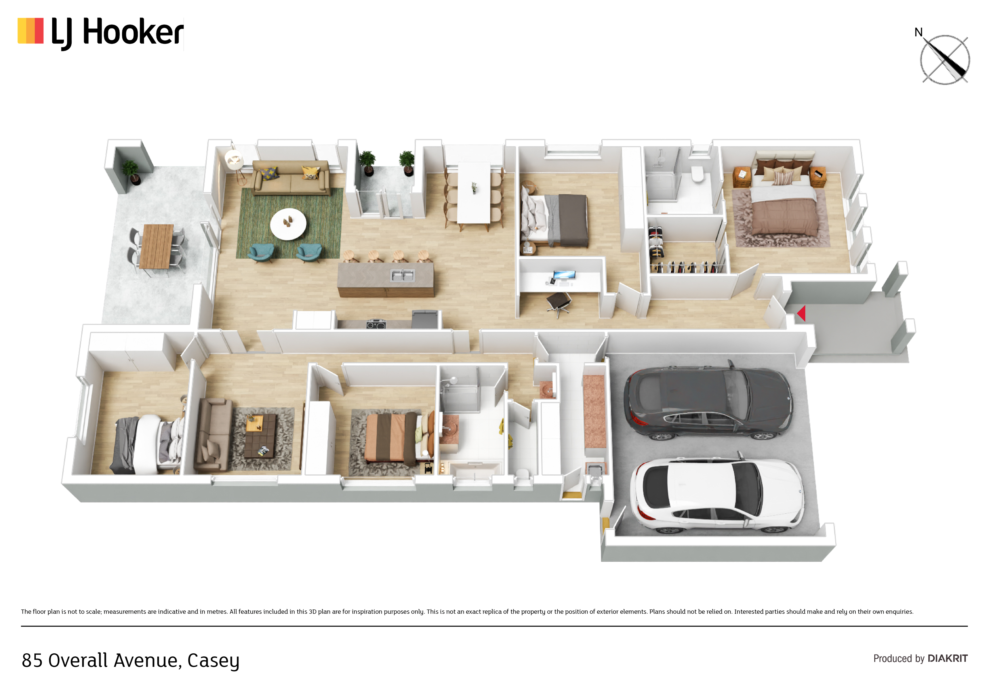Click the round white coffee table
tap(288, 224)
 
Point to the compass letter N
tap(918, 32)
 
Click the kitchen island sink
tap(402, 275)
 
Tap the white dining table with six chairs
tap(474, 193)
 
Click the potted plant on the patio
tap(131, 172)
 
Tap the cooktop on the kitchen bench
tap(376, 324)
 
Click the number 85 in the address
tap(32, 660)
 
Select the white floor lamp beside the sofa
tap(234, 166)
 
